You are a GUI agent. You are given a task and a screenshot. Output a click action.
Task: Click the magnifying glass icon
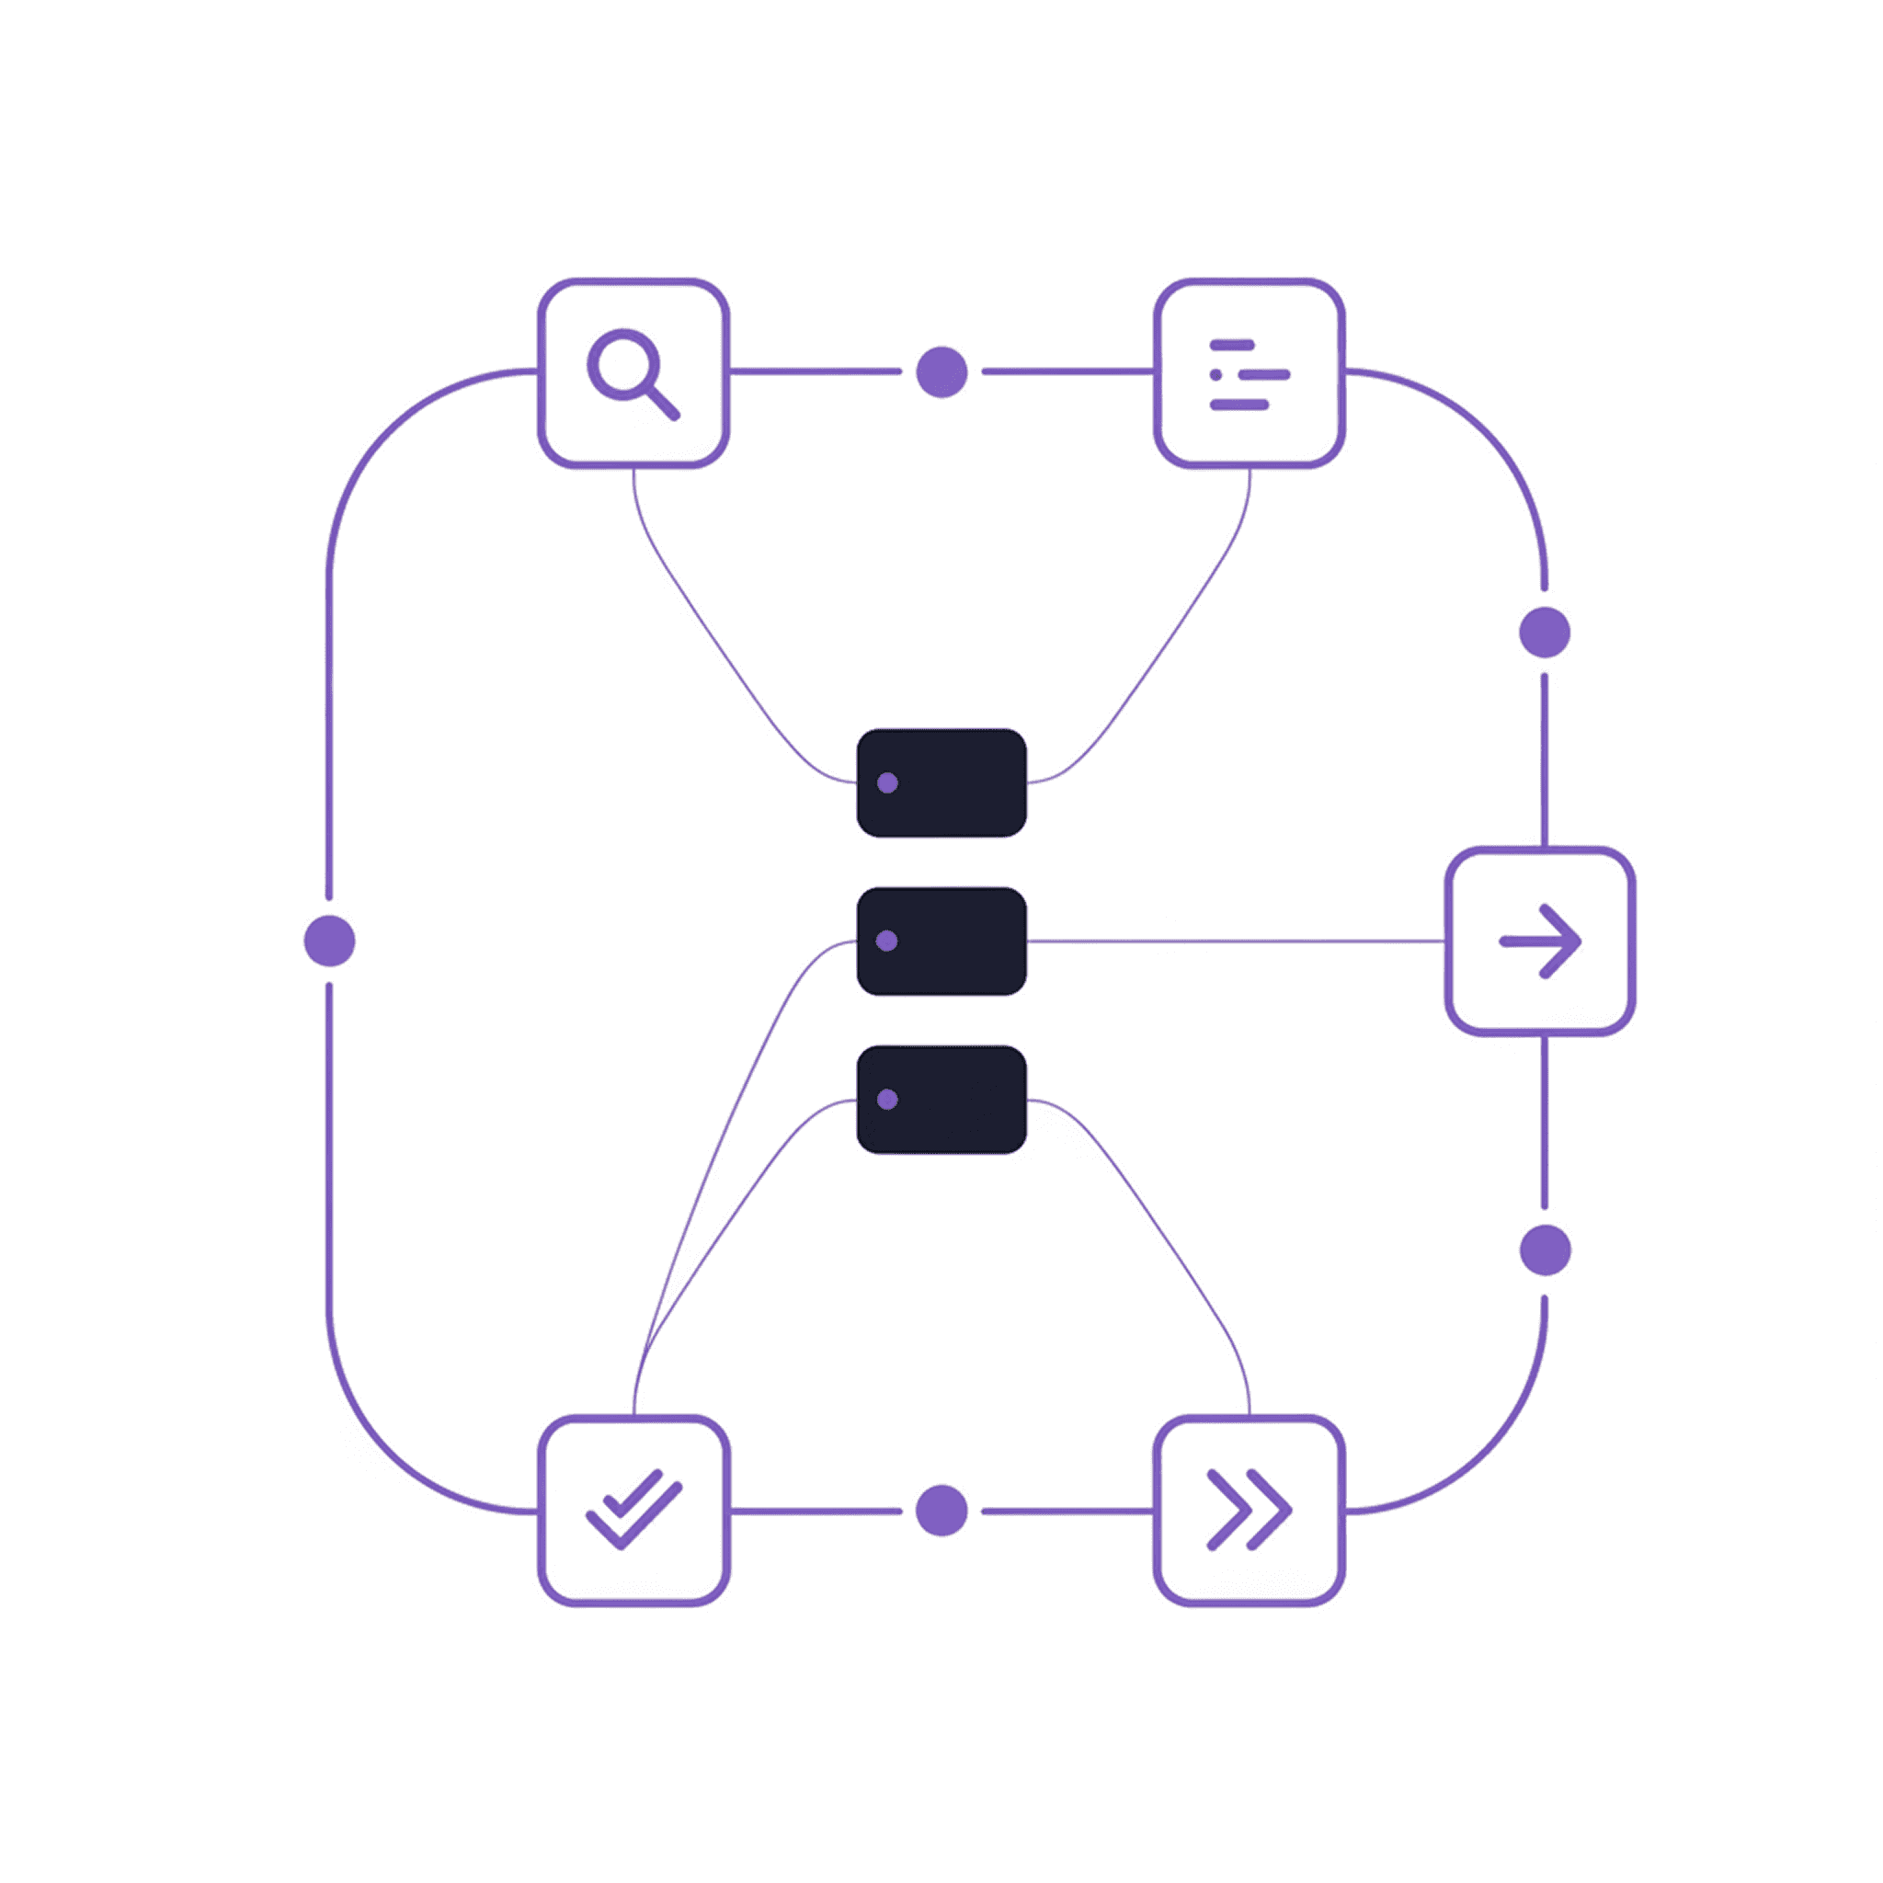click(x=632, y=373)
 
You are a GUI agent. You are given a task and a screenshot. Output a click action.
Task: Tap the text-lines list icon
click(x=1249, y=374)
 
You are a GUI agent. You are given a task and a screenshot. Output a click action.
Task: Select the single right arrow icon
click(x=1539, y=941)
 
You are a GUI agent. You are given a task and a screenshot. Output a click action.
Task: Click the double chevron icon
click(x=1249, y=1510)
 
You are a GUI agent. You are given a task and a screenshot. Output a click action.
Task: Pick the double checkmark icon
click(x=633, y=1510)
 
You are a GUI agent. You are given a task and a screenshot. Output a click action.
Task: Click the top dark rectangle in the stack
click(x=941, y=782)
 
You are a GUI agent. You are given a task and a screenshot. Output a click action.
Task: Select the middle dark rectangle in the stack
click(x=941, y=941)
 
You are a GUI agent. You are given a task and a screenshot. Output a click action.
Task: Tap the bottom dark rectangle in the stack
click(x=941, y=1100)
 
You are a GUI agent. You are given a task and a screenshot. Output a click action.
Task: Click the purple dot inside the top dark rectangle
click(x=887, y=782)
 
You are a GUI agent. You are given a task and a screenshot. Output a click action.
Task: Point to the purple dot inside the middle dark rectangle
click(x=887, y=941)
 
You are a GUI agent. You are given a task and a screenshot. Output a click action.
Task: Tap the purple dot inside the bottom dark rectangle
click(x=887, y=1100)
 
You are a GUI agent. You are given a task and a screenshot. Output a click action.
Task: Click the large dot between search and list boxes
click(x=941, y=372)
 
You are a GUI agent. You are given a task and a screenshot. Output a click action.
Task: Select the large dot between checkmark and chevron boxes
click(x=941, y=1511)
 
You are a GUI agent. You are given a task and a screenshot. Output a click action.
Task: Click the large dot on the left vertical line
click(x=329, y=941)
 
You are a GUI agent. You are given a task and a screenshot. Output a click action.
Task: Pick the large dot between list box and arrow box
click(x=1545, y=633)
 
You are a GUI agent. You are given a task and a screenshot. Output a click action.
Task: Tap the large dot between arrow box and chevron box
click(x=1545, y=1250)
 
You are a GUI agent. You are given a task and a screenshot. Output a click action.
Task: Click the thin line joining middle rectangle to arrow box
click(x=1236, y=941)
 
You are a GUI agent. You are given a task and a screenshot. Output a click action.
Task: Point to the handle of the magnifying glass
click(x=663, y=403)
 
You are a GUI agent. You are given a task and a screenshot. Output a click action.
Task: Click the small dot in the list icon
click(x=1215, y=375)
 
